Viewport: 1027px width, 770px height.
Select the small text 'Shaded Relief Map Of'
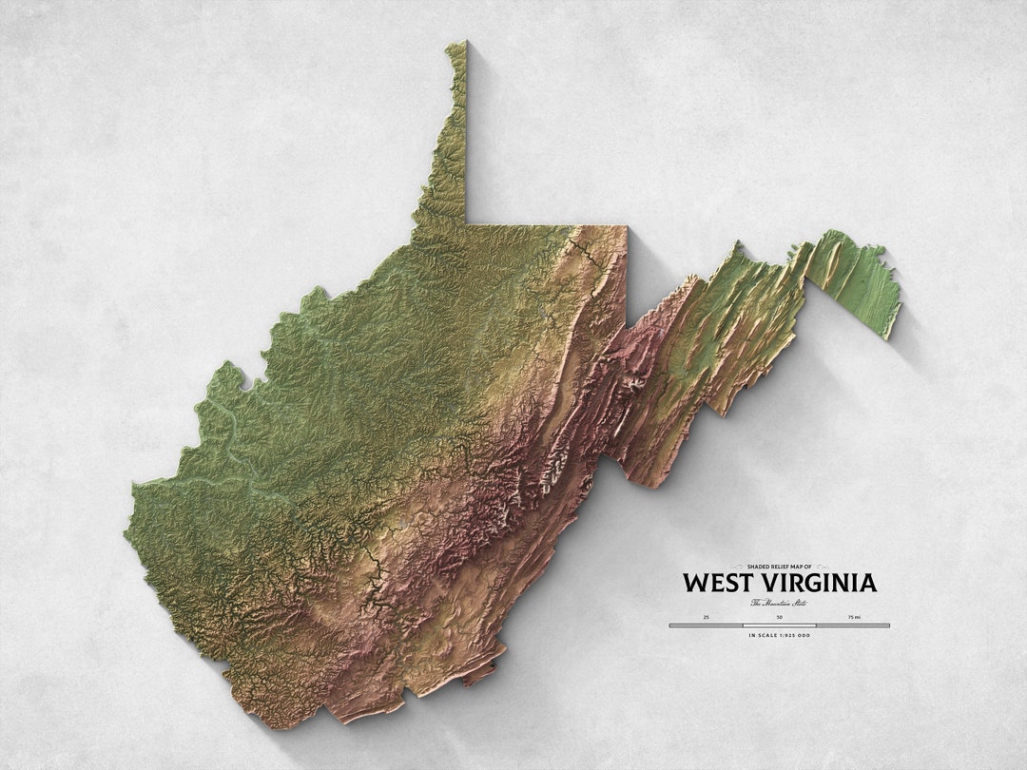point(779,566)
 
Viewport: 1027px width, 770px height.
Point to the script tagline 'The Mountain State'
point(779,602)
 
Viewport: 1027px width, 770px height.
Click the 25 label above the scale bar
point(707,617)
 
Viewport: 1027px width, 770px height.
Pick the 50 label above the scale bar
point(779,617)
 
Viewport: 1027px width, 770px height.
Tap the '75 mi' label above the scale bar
point(853,617)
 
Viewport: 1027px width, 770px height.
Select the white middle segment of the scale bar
point(779,626)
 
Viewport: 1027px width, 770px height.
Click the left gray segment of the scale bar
point(707,626)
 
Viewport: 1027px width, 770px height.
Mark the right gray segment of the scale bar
point(852,626)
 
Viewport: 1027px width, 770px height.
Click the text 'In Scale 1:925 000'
point(779,635)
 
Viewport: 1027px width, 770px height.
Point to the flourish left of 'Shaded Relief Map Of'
point(737,566)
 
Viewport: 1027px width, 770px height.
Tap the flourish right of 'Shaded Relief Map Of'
point(822,566)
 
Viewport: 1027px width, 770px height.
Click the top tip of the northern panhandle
point(459,44)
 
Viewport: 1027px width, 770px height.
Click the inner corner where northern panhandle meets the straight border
point(466,223)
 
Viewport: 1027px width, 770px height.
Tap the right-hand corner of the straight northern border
point(626,226)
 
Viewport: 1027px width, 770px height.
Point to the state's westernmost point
point(126,532)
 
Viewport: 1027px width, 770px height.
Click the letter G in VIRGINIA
point(824,582)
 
